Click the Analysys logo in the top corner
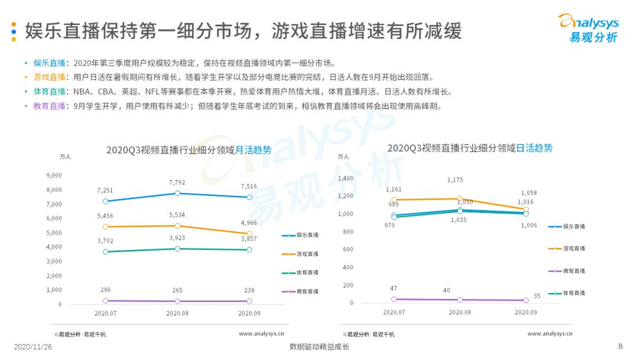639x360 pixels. coord(589,28)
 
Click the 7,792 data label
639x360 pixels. coord(177,182)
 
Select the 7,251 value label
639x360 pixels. coord(105,191)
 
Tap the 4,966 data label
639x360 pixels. coord(249,223)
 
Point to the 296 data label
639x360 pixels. coord(105,290)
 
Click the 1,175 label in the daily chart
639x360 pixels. coord(455,180)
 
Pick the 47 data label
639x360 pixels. coord(393,288)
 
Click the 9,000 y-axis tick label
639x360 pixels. coord(54,175)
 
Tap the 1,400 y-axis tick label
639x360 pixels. coord(346,178)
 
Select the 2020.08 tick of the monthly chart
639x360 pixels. coord(177,314)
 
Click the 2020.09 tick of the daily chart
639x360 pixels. coord(526,312)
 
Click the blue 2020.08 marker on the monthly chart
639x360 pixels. coord(177,193)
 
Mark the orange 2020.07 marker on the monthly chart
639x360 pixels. coord(105,227)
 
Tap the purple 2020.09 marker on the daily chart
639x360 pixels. coord(526,300)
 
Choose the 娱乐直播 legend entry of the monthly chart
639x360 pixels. coord(301,235)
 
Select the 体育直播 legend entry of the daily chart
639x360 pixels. coord(567,293)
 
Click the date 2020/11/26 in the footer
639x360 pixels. coord(33,347)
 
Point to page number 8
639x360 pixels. coord(620,346)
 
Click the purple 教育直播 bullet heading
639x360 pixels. coord(49,106)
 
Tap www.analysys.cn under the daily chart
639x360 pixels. coord(550,333)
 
